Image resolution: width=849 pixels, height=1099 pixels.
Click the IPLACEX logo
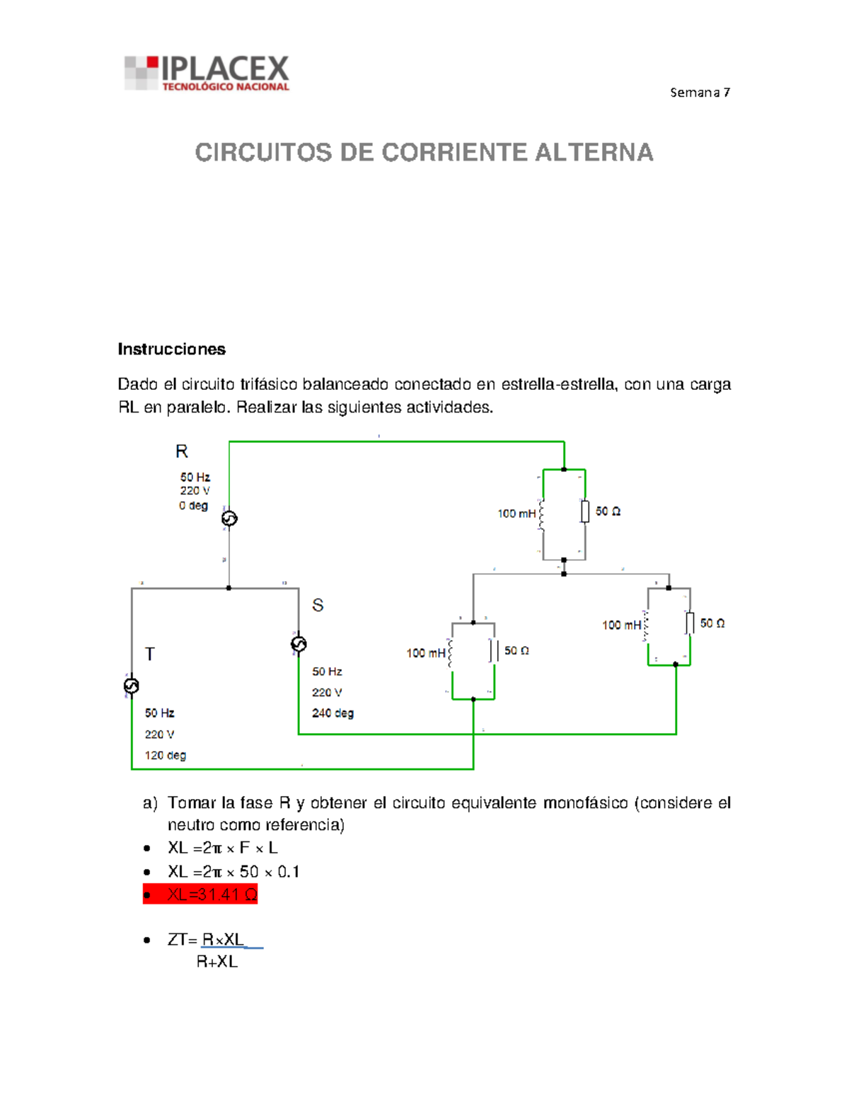207,73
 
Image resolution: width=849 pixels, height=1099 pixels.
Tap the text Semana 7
700,92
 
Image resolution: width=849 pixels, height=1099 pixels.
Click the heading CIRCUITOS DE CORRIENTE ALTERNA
424,153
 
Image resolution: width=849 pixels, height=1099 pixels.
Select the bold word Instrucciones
171,349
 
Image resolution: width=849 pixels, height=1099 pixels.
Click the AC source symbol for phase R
229,519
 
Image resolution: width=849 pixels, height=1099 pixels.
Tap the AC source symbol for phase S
299,644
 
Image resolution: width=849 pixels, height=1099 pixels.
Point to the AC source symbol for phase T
132,686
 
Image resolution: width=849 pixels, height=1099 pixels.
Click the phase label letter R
182,451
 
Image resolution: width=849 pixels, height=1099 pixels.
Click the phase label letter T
150,654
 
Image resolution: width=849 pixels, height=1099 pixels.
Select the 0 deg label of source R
193,505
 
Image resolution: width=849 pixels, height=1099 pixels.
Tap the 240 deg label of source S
333,713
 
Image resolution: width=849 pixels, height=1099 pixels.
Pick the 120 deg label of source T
166,755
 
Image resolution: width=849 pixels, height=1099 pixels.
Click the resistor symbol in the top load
585,511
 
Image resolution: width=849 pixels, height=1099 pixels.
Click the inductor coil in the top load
542,514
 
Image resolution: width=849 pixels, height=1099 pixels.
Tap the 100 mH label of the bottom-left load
425,652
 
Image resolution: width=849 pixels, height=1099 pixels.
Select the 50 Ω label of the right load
712,623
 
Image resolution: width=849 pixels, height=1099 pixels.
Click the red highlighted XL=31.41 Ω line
200,894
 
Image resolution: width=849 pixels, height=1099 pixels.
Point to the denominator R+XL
217,962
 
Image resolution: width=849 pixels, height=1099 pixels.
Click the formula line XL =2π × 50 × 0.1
233,871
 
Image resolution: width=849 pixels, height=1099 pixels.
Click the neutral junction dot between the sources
229,588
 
